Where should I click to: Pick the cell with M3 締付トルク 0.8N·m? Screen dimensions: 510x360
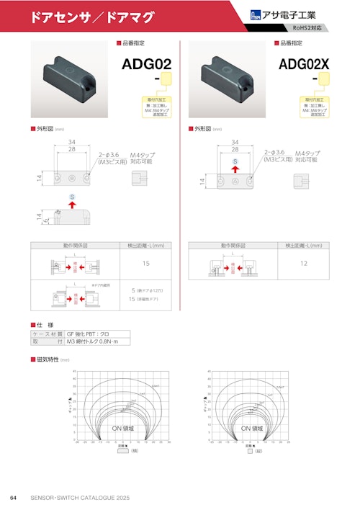pyautogui.click(x=97, y=342)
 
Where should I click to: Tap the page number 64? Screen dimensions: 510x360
pyautogui.click(x=13, y=498)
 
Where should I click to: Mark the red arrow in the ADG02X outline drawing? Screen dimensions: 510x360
pyautogui.click(x=235, y=169)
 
